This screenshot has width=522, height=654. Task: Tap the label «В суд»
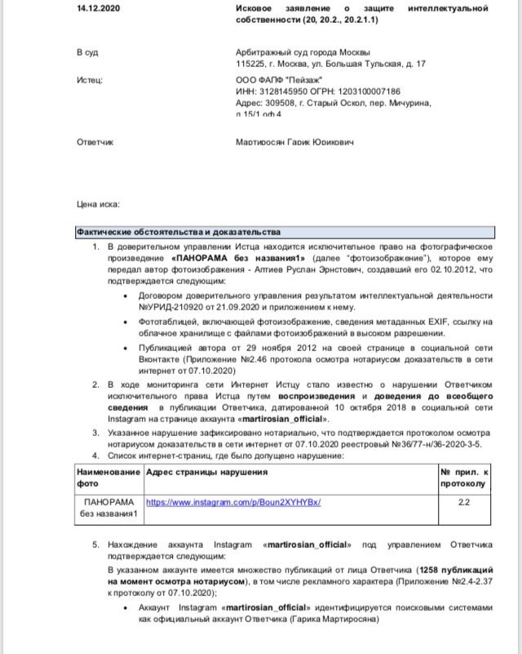pyautogui.click(x=87, y=52)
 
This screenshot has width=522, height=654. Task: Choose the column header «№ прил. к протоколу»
pyautogui.click(x=463, y=479)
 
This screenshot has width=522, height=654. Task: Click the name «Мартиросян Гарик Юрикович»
pyautogui.click(x=294, y=142)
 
